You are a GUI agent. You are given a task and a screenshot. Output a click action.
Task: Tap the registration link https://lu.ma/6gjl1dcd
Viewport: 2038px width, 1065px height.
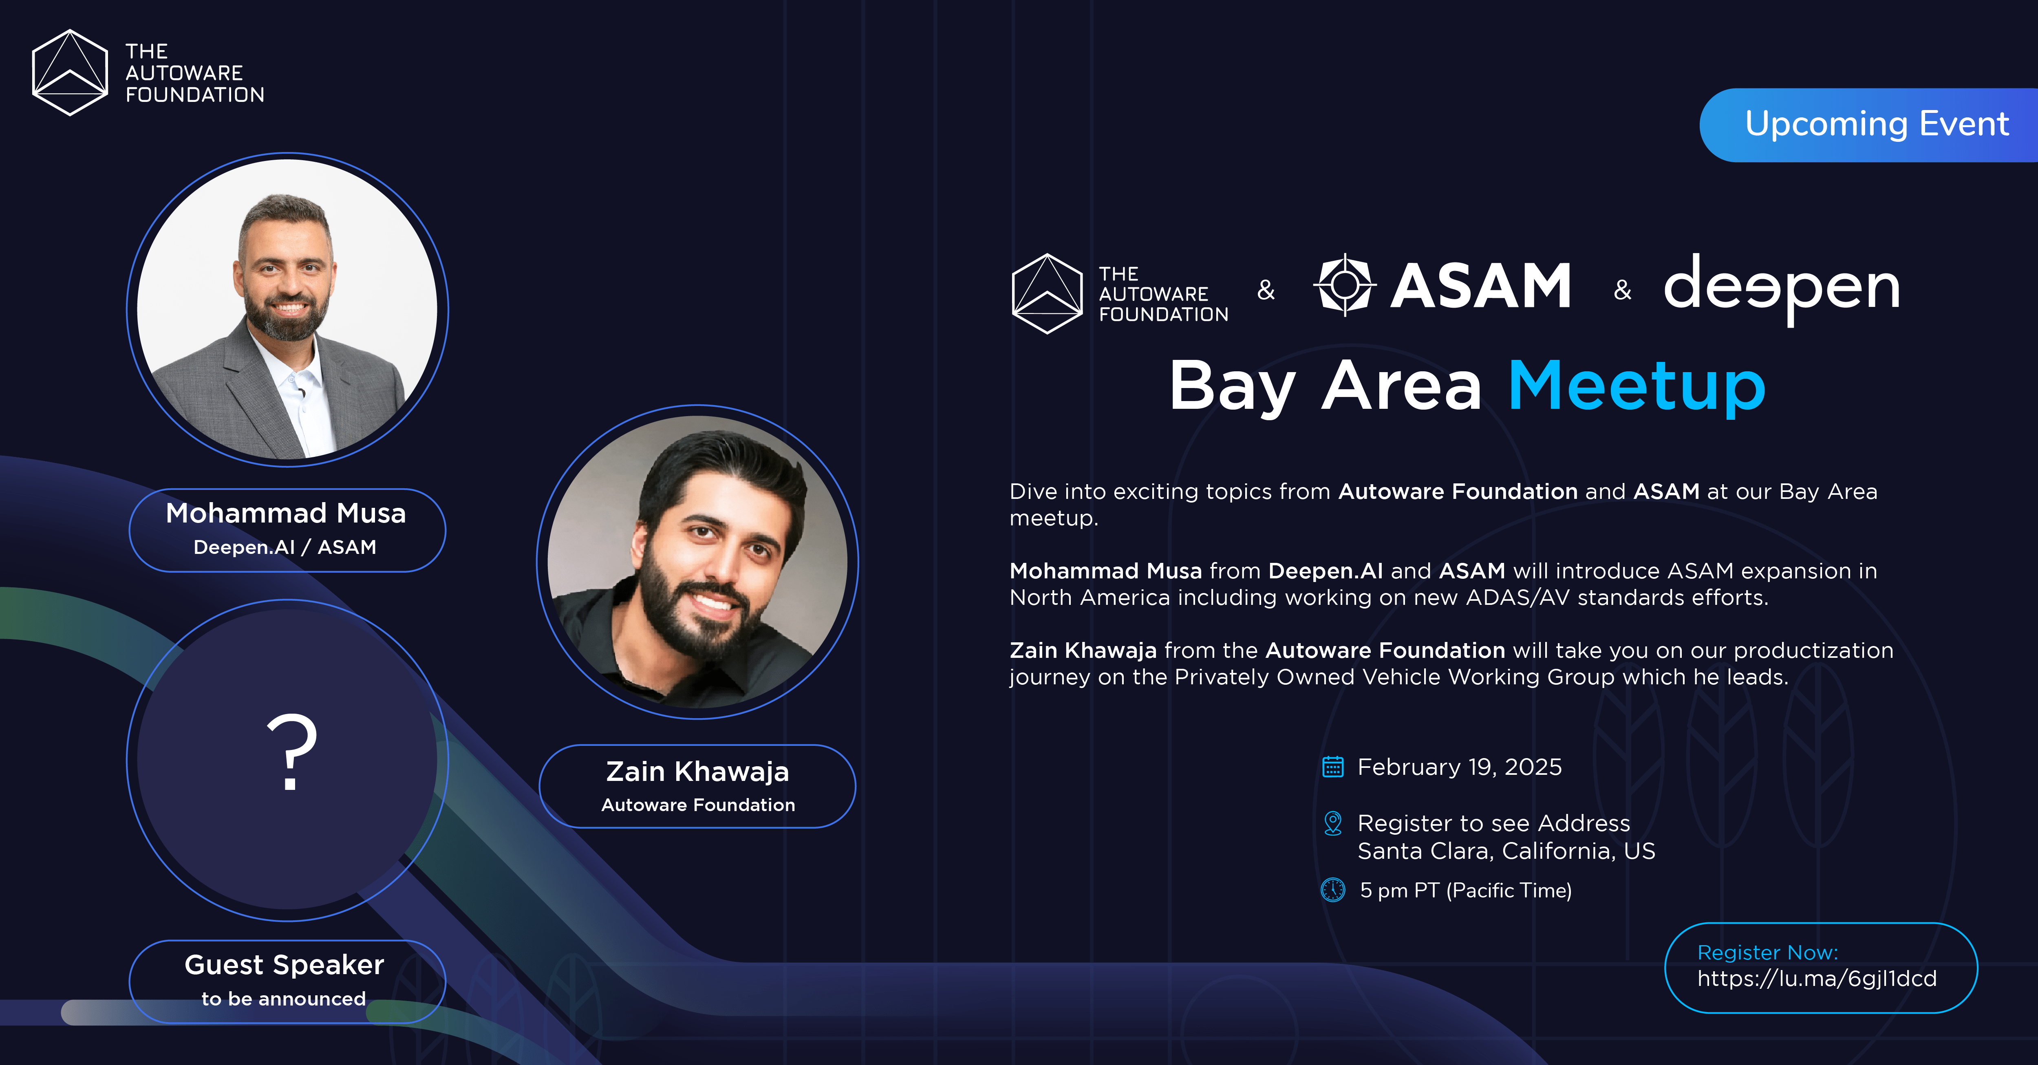pos(1817,979)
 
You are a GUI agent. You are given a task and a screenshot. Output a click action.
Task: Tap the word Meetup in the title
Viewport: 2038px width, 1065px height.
pos(1636,386)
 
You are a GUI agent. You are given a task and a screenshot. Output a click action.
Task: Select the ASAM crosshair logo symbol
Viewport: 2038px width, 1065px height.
pos(1344,285)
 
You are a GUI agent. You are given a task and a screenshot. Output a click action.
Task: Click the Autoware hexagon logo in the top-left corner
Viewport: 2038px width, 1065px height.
pos(70,73)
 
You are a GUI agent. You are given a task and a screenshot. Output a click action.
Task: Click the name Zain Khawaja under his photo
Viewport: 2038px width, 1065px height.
pos(697,772)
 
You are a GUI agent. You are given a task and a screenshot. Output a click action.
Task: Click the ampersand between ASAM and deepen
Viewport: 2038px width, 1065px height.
pos(1622,290)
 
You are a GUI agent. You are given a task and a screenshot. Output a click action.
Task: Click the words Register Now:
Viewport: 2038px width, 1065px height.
pos(1767,953)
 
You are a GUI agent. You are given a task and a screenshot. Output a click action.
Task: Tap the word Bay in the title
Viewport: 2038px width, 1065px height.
pos(1232,386)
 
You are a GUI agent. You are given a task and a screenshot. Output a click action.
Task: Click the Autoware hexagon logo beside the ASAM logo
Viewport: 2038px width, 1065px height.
pos(1047,293)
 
